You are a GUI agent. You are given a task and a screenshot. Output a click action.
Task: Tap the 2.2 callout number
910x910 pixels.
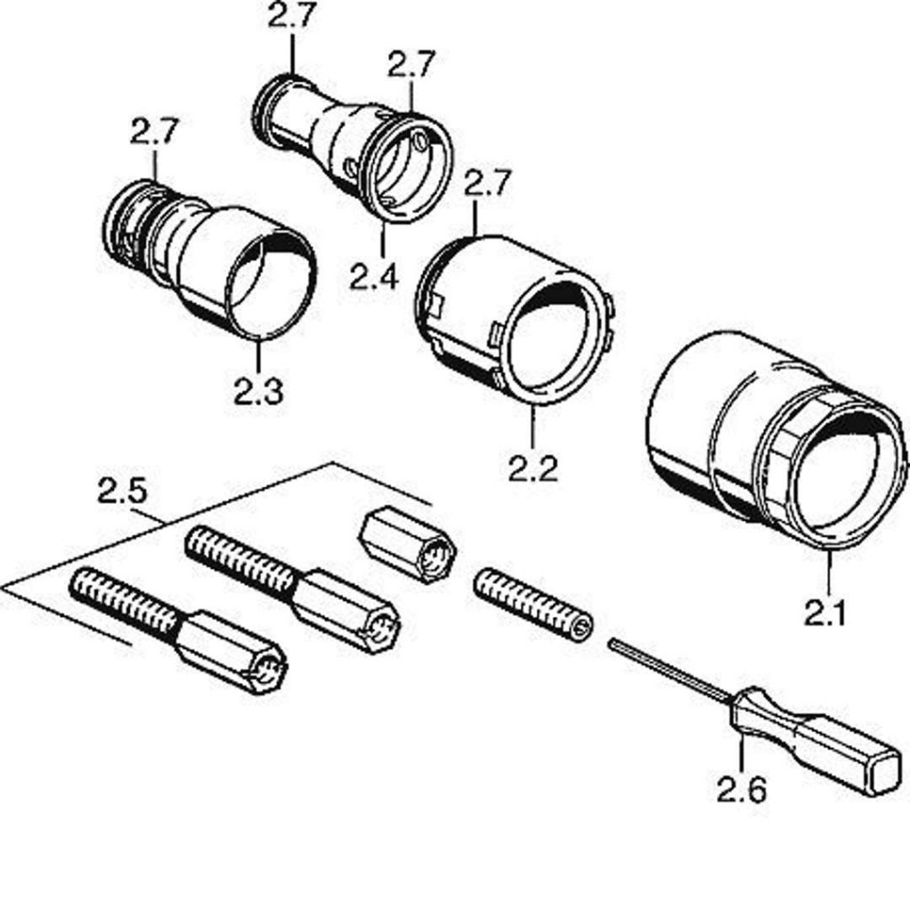coord(533,467)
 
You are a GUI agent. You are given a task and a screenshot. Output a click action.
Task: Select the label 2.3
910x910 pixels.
coord(258,390)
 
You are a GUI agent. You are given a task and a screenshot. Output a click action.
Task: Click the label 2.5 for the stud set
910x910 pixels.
coord(123,491)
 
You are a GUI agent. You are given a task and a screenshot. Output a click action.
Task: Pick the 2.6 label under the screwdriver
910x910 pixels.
coord(742,788)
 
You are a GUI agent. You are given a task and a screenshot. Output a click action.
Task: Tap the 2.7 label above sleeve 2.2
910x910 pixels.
coord(488,183)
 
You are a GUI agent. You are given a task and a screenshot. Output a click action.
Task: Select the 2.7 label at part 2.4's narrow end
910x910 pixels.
coord(291,15)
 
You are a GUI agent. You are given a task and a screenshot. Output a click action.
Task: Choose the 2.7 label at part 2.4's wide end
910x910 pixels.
coord(411,64)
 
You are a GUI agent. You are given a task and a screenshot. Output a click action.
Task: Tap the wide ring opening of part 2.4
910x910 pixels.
coord(405,169)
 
